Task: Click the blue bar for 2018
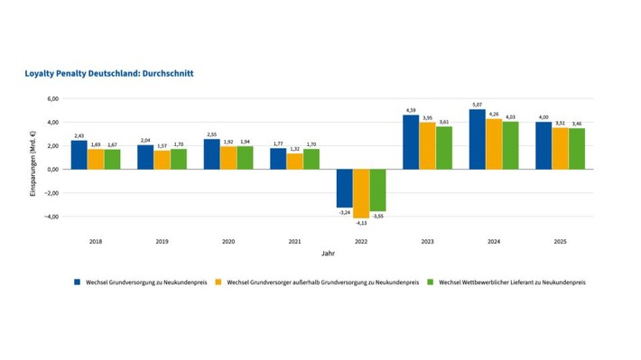coord(79,155)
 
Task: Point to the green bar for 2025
coord(577,149)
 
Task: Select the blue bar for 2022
coord(345,189)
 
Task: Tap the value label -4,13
coord(361,222)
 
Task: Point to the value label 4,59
coord(411,110)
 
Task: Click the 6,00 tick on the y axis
coord(52,98)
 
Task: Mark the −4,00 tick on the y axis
coord(51,217)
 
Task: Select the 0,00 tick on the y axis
coord(52,170)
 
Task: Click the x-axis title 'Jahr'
coord(328,254)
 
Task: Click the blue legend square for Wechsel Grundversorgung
coord(78,282)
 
